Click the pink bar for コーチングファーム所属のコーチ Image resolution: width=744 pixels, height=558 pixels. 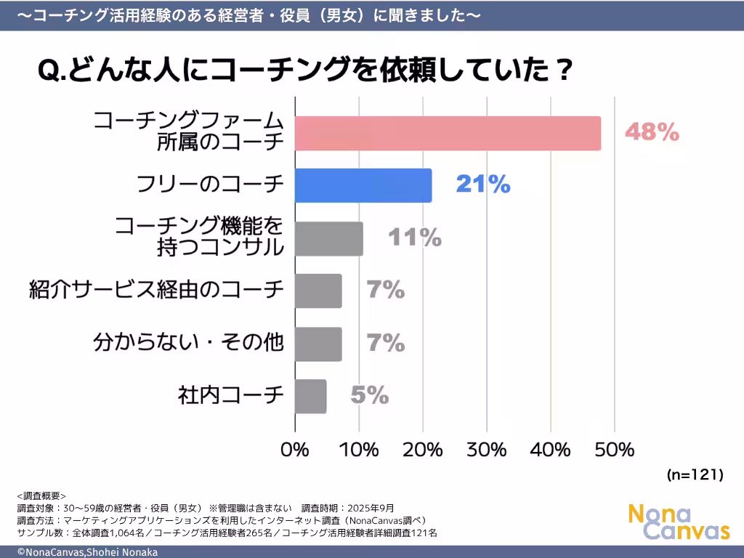[448, 134]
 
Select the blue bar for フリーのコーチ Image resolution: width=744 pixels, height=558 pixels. [363, 185]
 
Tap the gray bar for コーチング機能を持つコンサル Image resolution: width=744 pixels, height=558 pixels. [329, 238]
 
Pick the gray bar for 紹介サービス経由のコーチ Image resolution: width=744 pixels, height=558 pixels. [318, 291]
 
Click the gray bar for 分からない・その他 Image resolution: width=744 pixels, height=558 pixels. [318, 344]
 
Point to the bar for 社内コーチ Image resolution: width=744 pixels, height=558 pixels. [311, 396]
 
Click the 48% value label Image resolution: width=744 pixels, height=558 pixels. [652, 132]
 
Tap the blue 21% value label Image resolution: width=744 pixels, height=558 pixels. [483, 185]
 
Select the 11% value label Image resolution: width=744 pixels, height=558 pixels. [414, 238]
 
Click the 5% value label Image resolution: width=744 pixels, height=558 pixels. [370, 395]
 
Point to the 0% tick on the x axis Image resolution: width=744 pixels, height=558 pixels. [296, 450]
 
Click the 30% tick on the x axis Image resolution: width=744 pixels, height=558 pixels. [487, 450]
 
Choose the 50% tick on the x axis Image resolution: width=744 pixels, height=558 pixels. [615, 450]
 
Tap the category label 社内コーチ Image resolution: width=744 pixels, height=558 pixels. [231, 396]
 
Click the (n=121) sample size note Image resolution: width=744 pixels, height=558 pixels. [695, 475]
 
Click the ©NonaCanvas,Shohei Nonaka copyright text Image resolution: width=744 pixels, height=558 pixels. [87, 552]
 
